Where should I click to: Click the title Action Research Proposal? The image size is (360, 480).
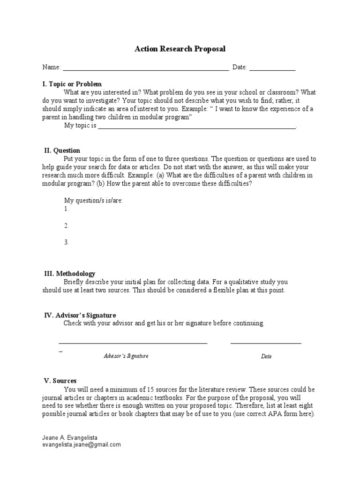[x=180, y=49]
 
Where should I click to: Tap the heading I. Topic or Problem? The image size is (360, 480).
[x=72, y=84]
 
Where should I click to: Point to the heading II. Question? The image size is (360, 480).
[x=62, y=150]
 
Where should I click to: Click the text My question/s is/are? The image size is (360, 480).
[x=93, y=201]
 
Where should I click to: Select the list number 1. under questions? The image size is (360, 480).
[x=67, y=209]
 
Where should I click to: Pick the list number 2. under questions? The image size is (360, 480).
[x=67, y=225]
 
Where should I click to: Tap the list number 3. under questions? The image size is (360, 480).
[x=67, y=242]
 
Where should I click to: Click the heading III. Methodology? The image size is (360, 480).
[x=69, y=273]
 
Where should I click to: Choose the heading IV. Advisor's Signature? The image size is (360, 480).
[x=80, y=315]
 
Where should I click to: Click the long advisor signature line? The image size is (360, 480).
[x=133, y=344]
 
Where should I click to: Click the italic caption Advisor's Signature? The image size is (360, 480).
[x=126, y=356]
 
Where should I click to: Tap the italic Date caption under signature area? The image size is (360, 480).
[x=266, y=357]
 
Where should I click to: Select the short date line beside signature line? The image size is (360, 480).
[x=266, y=344]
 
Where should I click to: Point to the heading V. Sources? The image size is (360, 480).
[x=60, y=381]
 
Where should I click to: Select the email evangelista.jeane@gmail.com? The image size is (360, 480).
[x=82, y=444]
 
